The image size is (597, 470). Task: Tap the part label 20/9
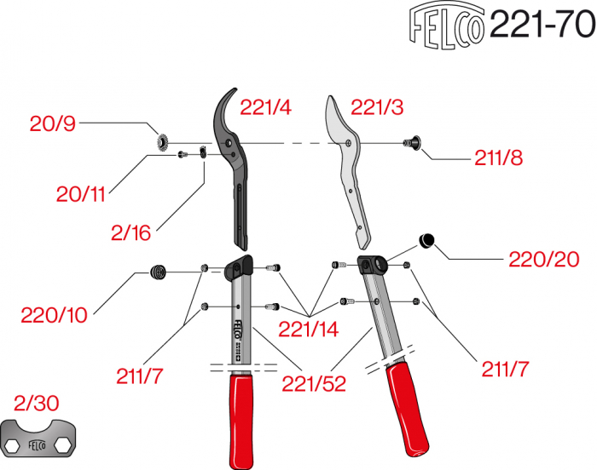53,124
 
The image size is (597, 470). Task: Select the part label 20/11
78,194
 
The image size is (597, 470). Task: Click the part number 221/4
266,108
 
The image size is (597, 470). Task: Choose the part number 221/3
377,108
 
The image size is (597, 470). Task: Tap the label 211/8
498,158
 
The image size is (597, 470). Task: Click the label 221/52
315,384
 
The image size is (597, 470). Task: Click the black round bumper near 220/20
428,241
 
